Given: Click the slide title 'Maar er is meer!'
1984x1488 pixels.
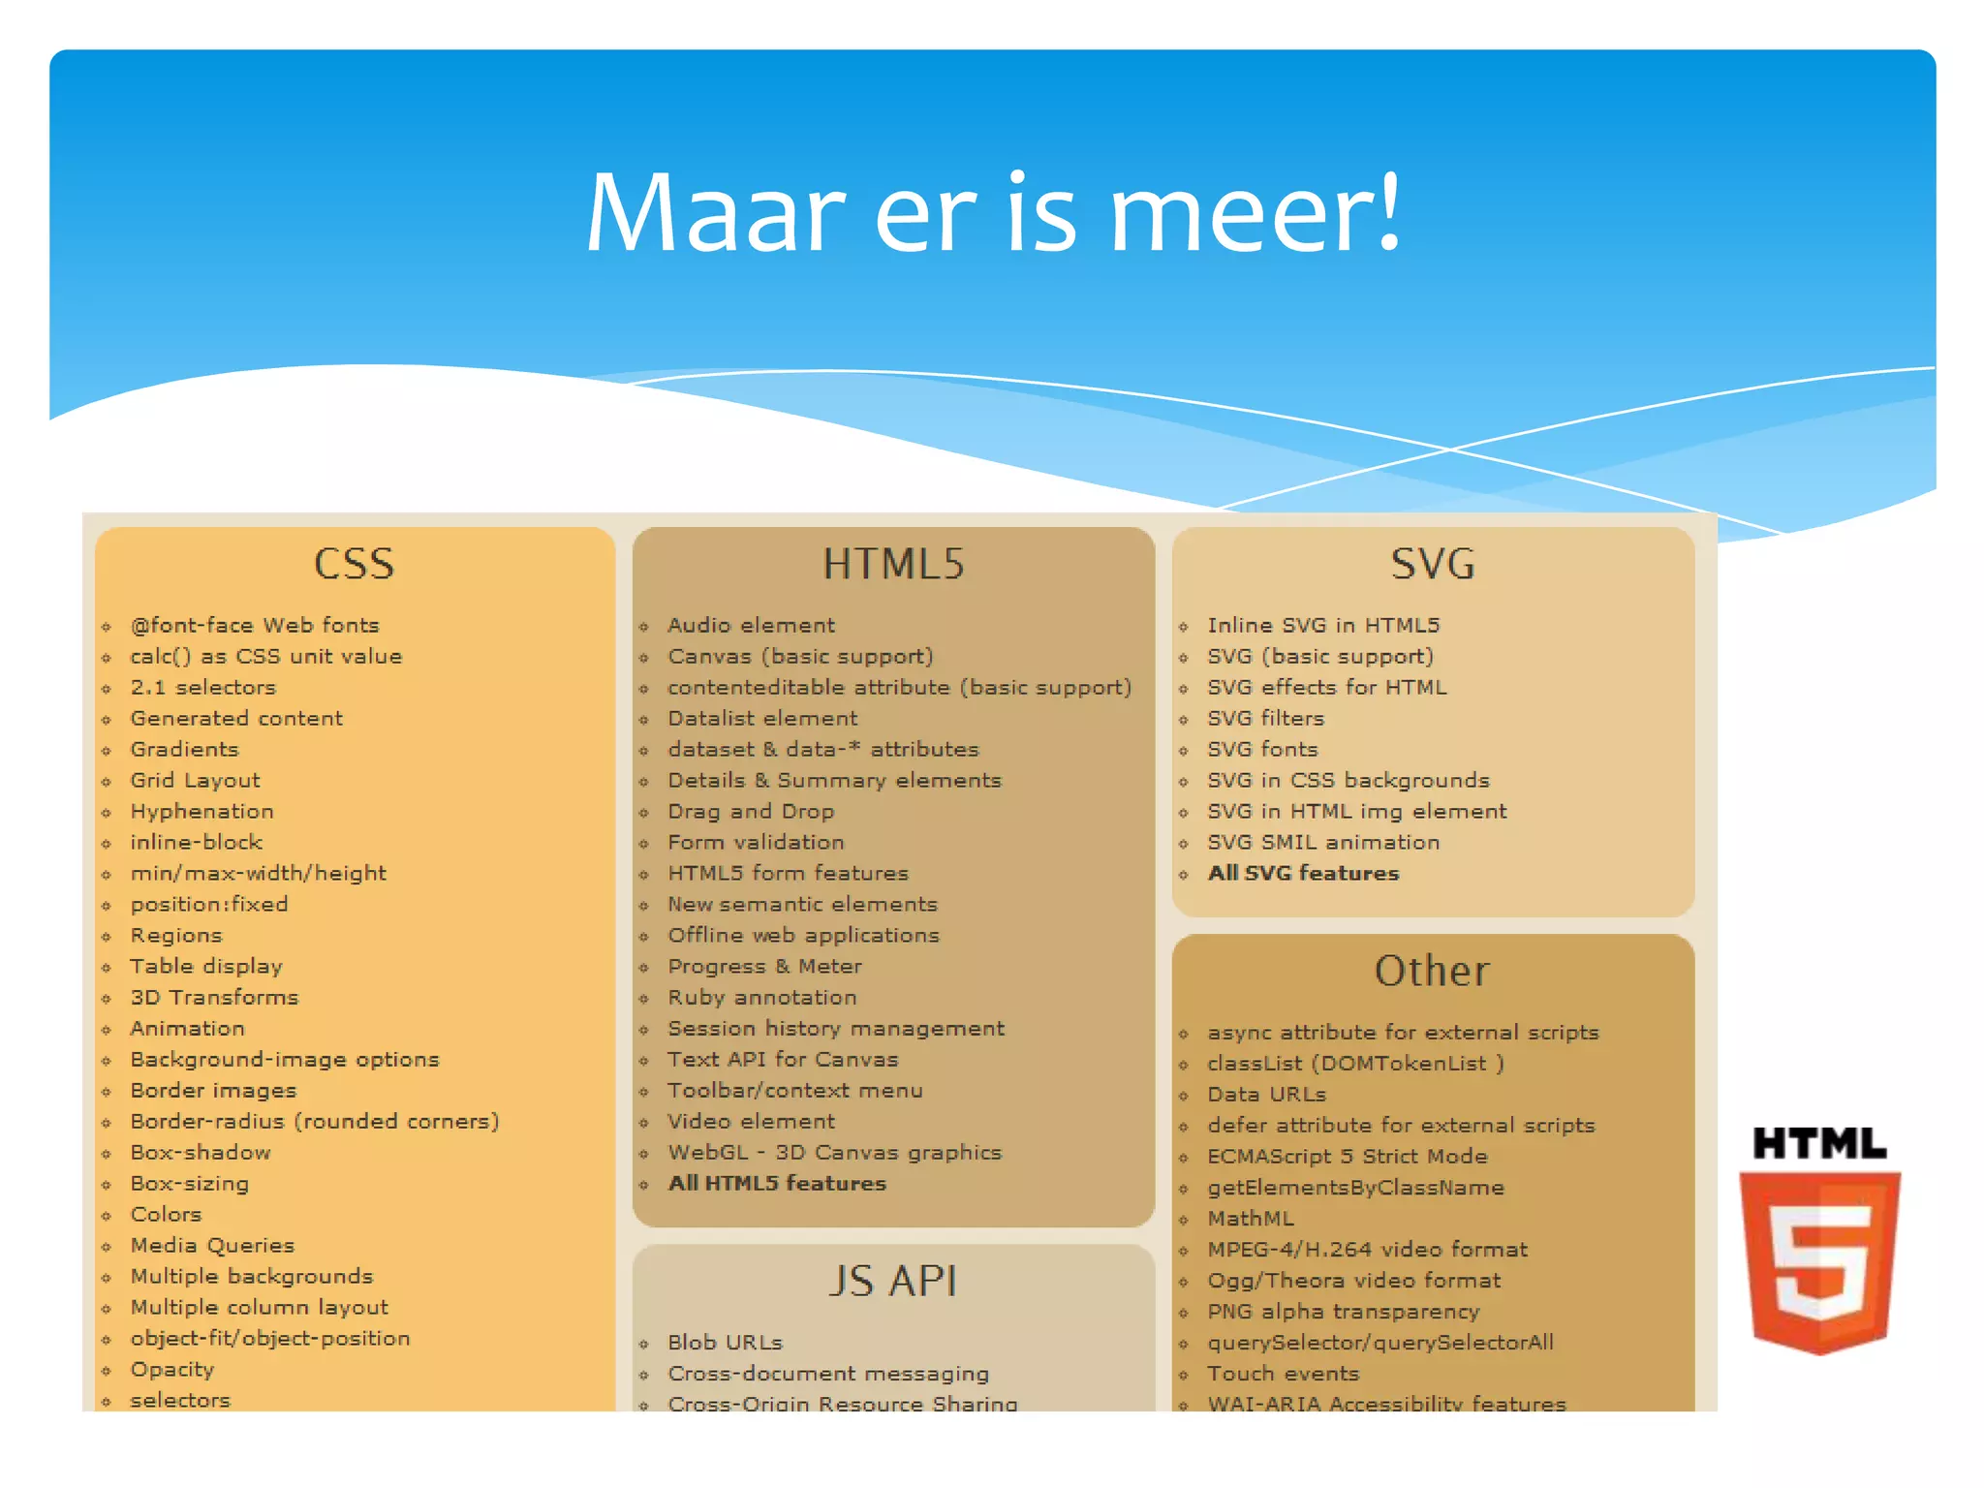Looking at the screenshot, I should tap(993, 213).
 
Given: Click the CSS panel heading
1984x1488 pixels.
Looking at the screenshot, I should tap(355, 564).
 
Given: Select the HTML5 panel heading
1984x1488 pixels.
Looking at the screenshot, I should tap(893, 564).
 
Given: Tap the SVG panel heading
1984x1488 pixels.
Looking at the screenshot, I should tap(1433, 564).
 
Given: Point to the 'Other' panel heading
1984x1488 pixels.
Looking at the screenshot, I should tap(1432, 971).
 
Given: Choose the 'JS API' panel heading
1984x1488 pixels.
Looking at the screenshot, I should tap(893, 1281).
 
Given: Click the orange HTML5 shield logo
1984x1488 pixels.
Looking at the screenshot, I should tap(1819, 1259).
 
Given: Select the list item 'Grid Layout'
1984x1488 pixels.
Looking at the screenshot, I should tap(195, 781).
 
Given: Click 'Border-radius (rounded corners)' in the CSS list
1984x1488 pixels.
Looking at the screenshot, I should tap(315, 1122).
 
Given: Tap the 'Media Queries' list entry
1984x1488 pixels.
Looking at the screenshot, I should tap(212, 1246).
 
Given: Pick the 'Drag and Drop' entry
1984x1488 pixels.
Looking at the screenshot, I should tap(751, 812).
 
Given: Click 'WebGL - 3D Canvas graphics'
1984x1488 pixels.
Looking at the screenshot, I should tap(834, 1153).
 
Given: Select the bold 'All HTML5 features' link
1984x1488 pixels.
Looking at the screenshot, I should tap(777, 1184).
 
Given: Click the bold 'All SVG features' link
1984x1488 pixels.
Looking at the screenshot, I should tap(1303, 874).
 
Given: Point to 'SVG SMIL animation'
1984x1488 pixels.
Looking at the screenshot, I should tap(1323, 843).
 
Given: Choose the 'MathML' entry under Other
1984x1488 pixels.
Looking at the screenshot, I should tap(1251, 1219).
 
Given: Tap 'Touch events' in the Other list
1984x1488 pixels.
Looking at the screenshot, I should tap(1284, 1374).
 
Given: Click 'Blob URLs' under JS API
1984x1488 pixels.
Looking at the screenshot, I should tap(725, 1343).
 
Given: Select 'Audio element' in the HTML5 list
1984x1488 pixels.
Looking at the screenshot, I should tap(751, 626).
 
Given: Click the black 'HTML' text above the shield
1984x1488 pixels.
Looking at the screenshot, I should tap(1819, 1144).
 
